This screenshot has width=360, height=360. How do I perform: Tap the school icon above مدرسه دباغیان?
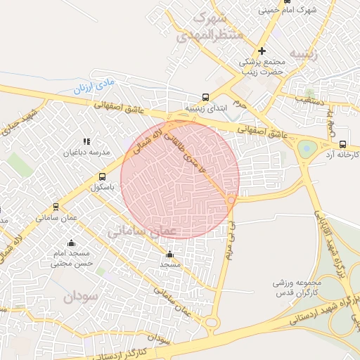[87, 142]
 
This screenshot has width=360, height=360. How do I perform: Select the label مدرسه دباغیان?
[88, 152]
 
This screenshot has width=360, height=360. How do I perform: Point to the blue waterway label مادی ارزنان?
[94, 87]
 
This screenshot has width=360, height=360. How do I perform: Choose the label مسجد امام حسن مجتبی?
[72, 258]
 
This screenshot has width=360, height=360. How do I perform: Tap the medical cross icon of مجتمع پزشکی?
[262, 51]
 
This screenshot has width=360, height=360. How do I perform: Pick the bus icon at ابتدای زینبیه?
[205, 97]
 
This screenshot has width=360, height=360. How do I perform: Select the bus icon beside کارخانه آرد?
[342, 144]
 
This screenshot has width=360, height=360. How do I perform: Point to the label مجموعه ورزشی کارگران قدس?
[297, 286]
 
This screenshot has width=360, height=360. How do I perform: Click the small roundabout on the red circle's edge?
[231, 200]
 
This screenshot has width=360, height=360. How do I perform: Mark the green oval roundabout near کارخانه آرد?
[307, 148]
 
